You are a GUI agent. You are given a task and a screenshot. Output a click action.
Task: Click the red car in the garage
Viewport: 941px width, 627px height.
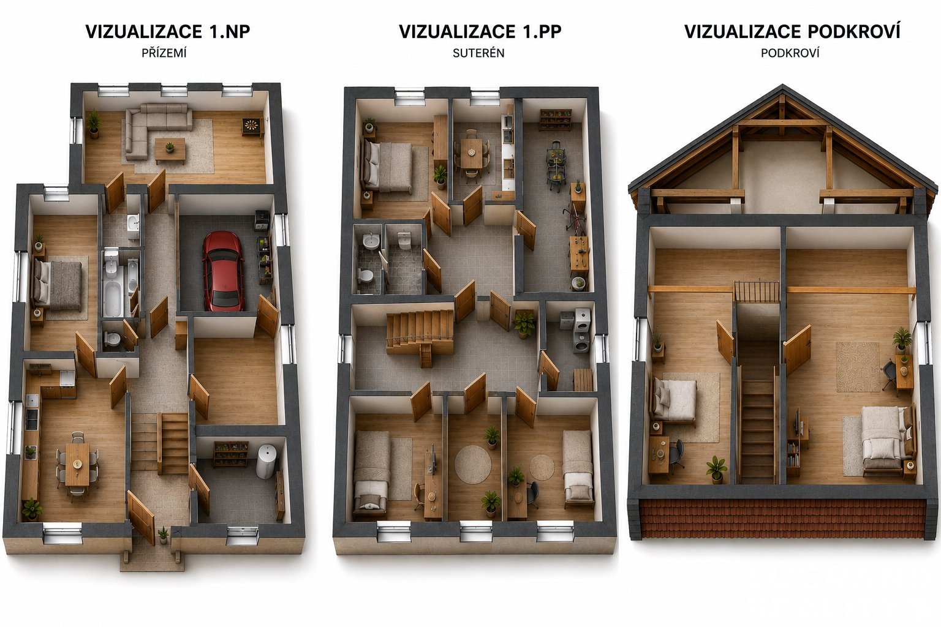click(x=223, y=271)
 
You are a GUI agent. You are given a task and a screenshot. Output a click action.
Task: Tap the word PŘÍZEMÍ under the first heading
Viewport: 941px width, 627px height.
click(x=164, y=53)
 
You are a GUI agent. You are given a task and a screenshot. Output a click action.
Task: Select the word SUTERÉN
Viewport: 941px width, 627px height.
click(x=478, y=53)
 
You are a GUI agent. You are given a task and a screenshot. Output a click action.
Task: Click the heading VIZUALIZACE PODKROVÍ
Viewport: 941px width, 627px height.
click(x=792, y=31)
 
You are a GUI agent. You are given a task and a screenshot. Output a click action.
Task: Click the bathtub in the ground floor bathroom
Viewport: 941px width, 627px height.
click(x=113, y=299)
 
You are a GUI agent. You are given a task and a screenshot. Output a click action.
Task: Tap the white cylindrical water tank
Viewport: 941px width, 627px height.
click(x=266, y=461)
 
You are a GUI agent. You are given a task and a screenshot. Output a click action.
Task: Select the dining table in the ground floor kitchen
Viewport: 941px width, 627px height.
click(x=77, y=464)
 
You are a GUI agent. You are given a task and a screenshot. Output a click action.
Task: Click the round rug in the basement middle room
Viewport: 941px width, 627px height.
click(x=472, y=464)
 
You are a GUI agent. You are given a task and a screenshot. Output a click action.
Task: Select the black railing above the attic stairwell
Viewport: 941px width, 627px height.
click(x=756, y=291)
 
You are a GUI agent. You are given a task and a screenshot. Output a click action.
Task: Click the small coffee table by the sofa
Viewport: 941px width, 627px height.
click(x=170, y=151)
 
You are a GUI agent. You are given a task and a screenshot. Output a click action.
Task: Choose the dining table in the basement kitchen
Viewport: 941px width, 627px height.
click(x=471, y=154)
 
